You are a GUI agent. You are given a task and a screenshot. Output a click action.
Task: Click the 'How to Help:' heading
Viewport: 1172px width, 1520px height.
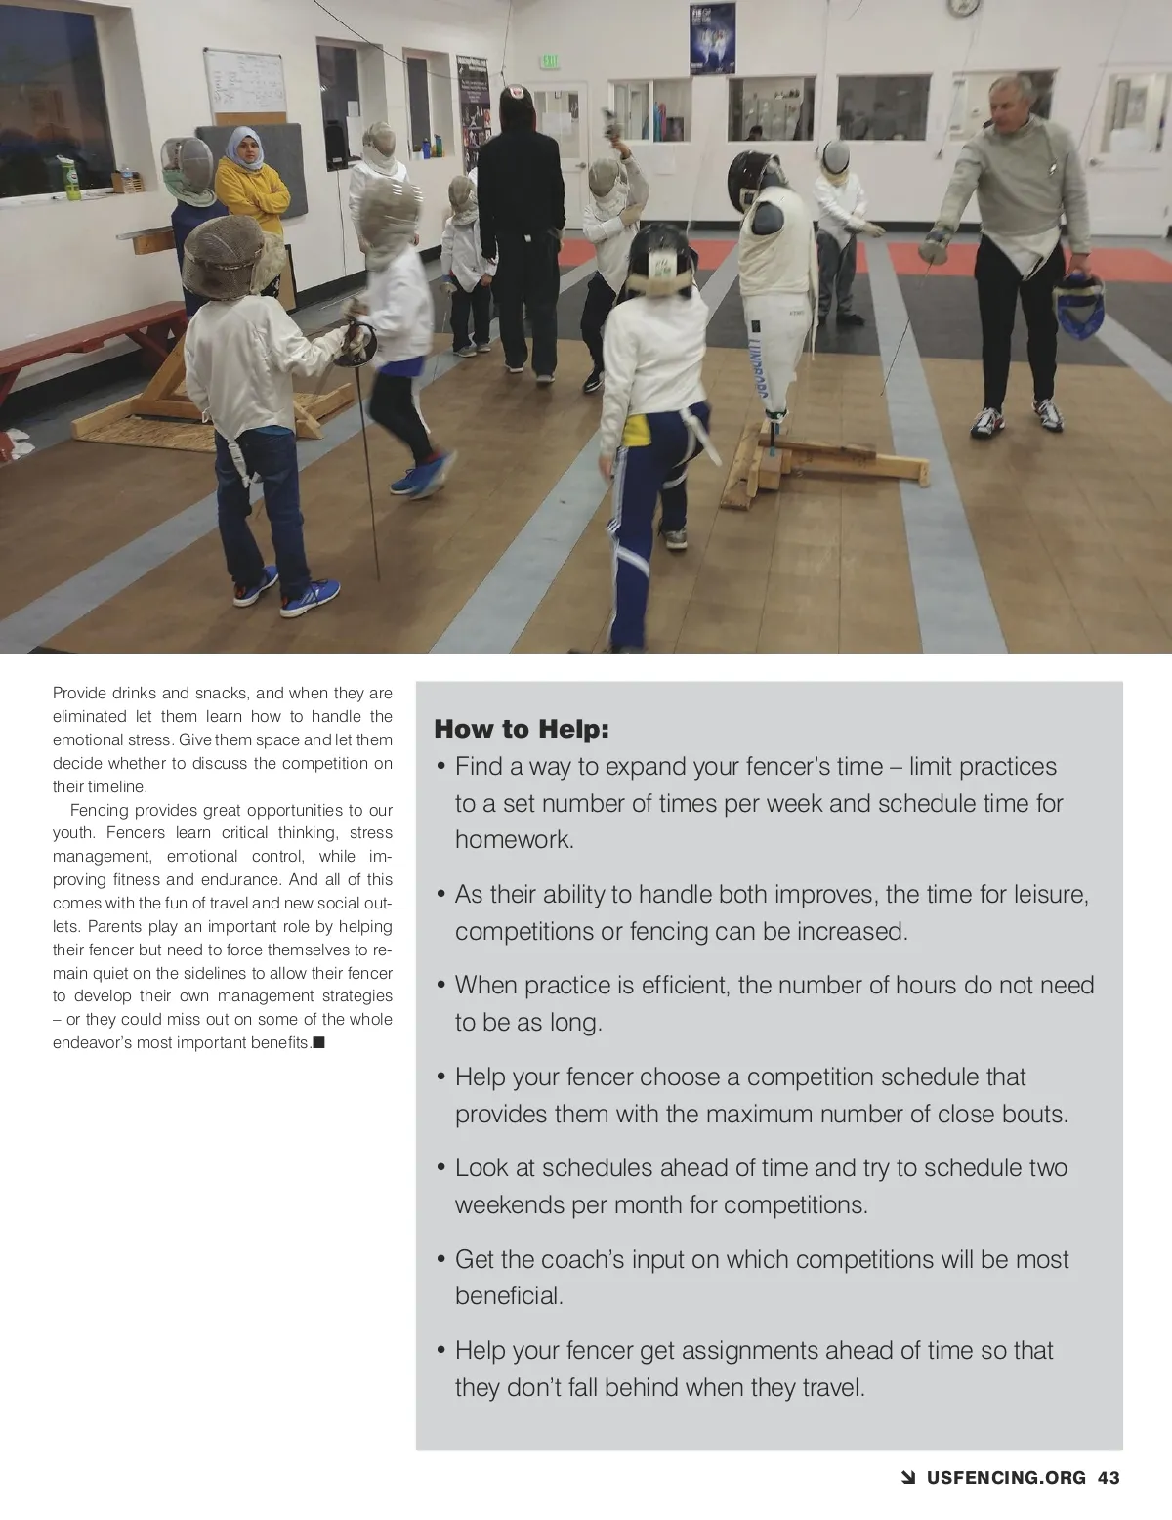pos(521,729)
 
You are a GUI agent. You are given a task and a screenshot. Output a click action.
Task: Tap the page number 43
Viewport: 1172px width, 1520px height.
pos(1109,1478)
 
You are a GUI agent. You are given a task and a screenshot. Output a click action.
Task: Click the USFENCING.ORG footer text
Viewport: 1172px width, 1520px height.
pos(1006,1478)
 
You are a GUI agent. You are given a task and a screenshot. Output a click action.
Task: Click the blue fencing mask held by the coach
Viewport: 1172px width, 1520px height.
pos(1078,305)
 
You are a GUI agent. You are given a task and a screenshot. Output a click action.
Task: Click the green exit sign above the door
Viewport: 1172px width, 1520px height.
pos(551,62)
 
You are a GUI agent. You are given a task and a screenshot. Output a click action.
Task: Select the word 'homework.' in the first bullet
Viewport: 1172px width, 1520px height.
pos(514,839)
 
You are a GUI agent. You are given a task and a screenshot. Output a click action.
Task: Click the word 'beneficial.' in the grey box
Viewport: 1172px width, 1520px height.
pos(509,1295)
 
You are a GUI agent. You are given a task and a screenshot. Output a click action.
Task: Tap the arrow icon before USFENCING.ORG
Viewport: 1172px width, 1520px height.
pos(907,1478)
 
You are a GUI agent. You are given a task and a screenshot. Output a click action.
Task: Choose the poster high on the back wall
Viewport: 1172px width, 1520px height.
pos(712,39)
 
